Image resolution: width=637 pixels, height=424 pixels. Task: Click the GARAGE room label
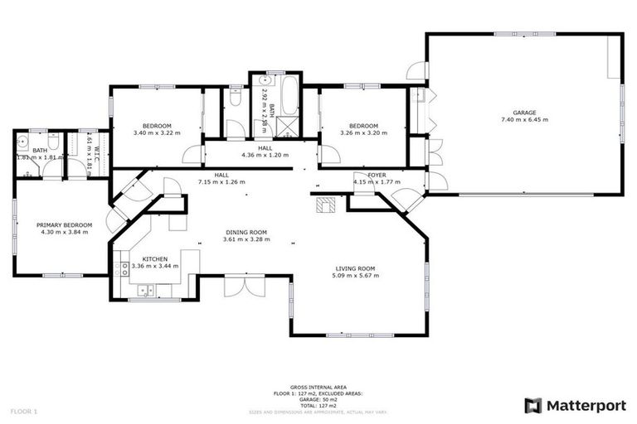click(524, 112)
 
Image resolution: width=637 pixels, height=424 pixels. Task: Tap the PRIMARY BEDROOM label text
click(64, 224)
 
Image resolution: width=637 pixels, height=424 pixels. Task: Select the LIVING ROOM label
click(356, 268)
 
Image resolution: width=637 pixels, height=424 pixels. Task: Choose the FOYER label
click(377, 175)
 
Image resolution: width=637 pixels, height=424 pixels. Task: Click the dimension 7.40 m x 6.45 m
click(524, 120)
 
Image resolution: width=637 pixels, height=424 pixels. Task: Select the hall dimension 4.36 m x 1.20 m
click(265, 155)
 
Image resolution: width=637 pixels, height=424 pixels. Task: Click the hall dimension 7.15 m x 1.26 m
click(222, 182)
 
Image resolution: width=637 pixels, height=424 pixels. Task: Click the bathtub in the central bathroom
click(289, 99)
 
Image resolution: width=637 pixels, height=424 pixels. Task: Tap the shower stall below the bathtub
click(289, 128)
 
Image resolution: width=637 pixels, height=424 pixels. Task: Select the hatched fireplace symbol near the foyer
click(323, 204)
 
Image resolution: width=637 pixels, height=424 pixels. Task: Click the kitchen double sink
click(144, 290)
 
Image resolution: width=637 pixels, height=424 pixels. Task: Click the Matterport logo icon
click(533, 405)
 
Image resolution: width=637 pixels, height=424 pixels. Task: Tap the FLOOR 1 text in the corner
click(24, 411)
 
